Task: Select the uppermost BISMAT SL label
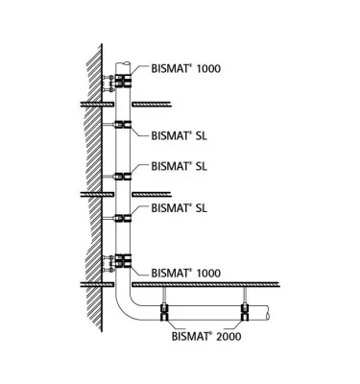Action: (178, 135)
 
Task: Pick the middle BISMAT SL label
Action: (178, 165)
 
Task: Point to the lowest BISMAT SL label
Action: (178, 206)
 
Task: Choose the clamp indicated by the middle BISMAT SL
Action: (122, 175)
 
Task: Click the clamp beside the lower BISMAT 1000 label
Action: (122, 259)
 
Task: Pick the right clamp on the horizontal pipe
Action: (245, 311)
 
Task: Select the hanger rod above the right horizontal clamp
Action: (245, 295)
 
